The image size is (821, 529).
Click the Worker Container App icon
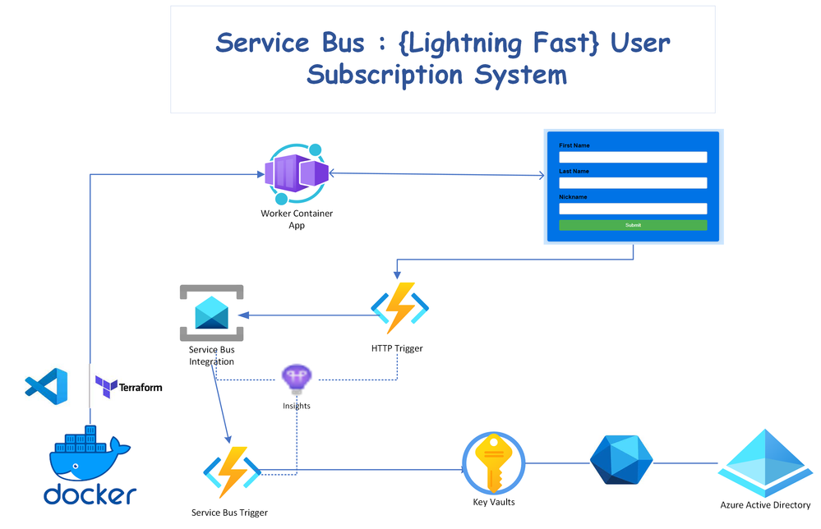point(297,173)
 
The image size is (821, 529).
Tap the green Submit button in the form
point(633,225)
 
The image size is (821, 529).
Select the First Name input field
point(633,157)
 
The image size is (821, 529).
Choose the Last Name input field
point(633,182)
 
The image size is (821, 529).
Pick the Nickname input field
point(633,209)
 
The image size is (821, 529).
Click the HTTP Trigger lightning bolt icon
point(399,309)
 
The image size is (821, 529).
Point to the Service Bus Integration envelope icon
point(212,312)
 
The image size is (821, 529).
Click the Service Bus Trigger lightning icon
point(232,472)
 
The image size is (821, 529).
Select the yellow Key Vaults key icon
point(493,463)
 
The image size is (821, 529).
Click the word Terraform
point(141,386)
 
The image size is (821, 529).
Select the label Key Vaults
point(494,502)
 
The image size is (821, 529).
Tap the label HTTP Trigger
point(397,348)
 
